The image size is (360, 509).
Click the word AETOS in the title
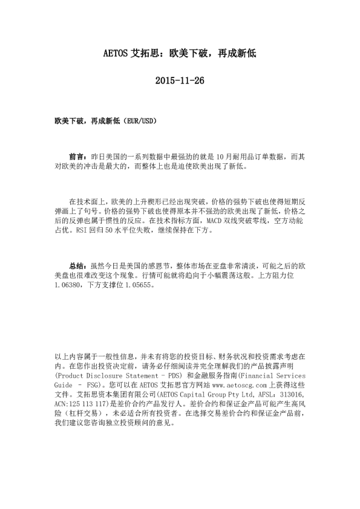tap(117, 53)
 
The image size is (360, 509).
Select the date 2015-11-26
tap(180, 80)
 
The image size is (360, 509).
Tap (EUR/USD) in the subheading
tap(142, 121)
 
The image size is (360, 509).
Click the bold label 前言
tap(77, 156)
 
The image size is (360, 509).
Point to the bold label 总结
tap(77, 265)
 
